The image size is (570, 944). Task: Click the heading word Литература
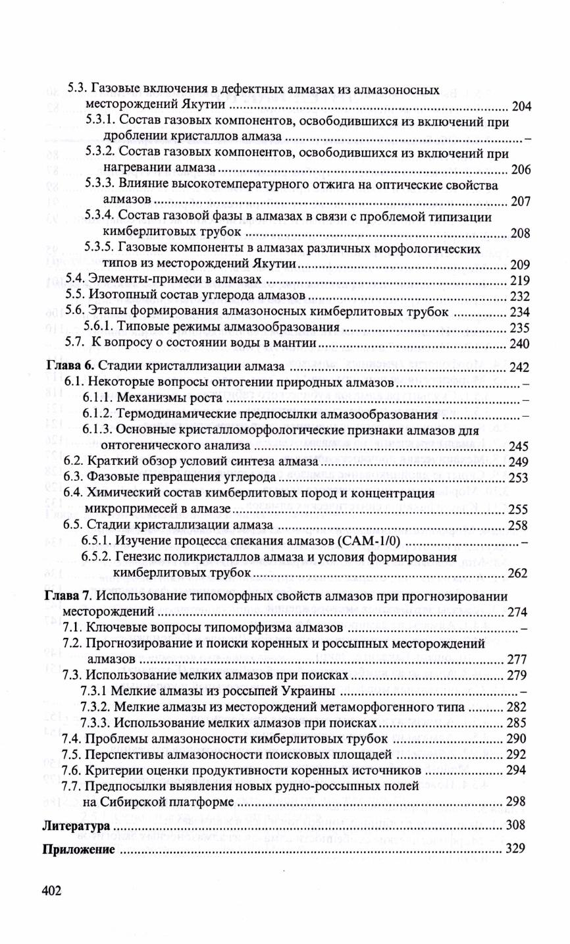[76, 826]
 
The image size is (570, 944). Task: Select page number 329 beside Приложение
[515, 849]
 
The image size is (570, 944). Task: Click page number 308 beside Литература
[515, 826]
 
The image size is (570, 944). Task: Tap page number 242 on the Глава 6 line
[520, 367]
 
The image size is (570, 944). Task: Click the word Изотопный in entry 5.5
[119, 296]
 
